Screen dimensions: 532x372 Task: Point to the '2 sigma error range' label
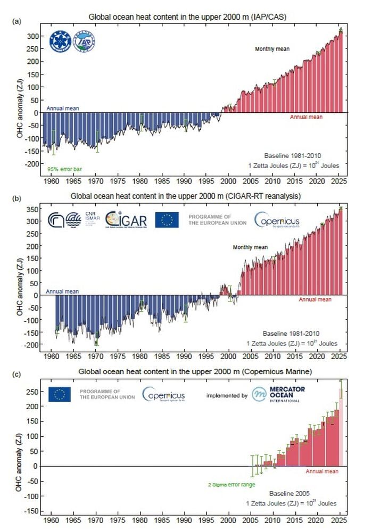point(232,484)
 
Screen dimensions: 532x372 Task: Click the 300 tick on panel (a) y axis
point(34,36)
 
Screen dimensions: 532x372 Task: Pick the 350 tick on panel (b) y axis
point(34,208)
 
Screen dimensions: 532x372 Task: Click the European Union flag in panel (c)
point(60,394)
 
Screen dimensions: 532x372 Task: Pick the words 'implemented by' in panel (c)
point(228,395)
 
